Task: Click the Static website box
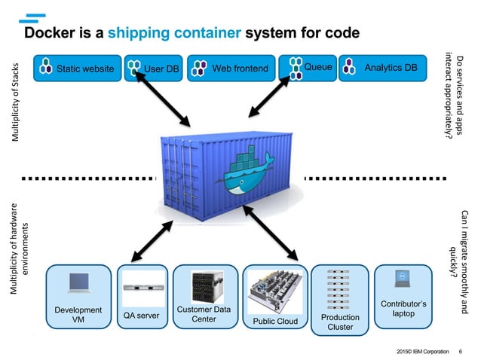pos(78,69)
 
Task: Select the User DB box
pos(153,69)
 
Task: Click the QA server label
pos(142,316)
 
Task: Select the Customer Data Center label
pos(205,315)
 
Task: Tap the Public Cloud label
pos(274,322)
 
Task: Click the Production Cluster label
pos(339,322)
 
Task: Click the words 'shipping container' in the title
pos(174,33)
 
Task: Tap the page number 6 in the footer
pos(460,351)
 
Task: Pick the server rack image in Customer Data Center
pos(205,285)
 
